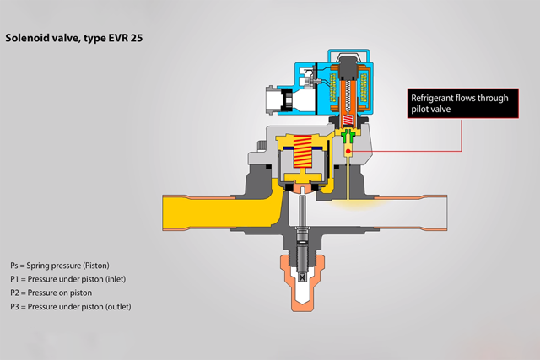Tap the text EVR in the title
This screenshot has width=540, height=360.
click(x=118, y=38)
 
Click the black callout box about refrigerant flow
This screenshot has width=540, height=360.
click(x=463, y=103)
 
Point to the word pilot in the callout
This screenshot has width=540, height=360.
click(x=418, y=109)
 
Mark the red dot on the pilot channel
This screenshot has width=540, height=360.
click(x=348, y=151)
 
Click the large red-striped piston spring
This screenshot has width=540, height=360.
click(x=302, y=152)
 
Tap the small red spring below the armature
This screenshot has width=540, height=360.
click(x=348, y=120)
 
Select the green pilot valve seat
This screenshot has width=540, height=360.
click(x=348, y=136)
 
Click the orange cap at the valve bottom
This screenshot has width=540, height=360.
click(x=302, y=282)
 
